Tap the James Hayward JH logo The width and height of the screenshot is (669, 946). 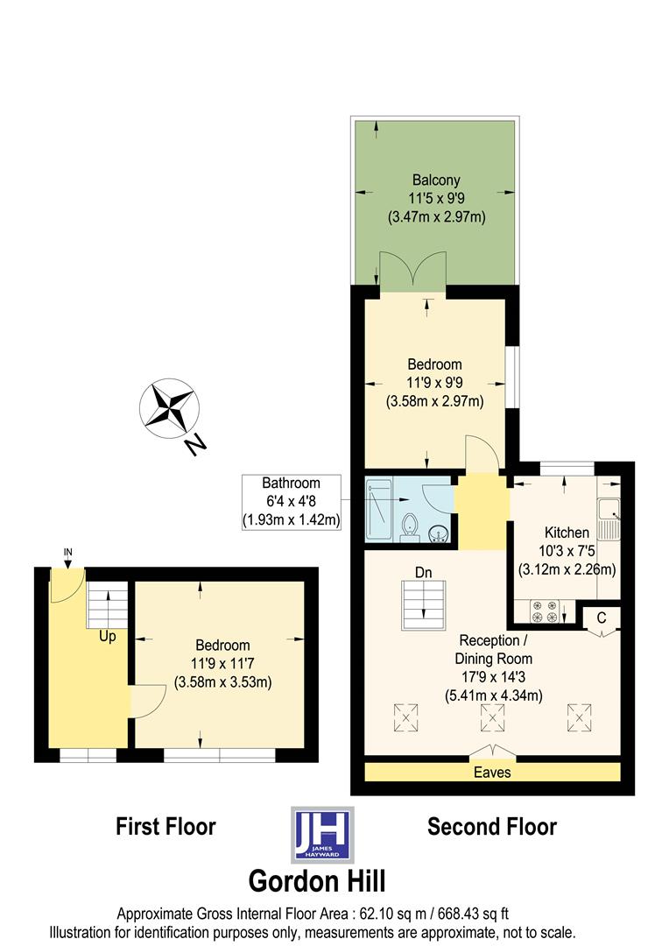pyautogui.click(x=321, y=835)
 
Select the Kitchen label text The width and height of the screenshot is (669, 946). pyautogui.click(x=567, y=532)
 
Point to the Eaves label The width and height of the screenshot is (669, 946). pyautogui.click(x=492, y=773)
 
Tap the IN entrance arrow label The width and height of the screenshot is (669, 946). pyautogui.click(x=67, y=551)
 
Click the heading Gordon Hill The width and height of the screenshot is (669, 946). pyautogui.click(x=317, y=880)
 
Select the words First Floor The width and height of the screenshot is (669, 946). pyautogui.click(x=165, y=826)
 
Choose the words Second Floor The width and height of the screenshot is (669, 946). pyautogui.click(x=491, y=826)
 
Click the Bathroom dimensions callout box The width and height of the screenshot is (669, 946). pyautogui.click(x=292, y=501)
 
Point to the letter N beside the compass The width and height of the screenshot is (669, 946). pyautogui.click(x=195, y=446)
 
